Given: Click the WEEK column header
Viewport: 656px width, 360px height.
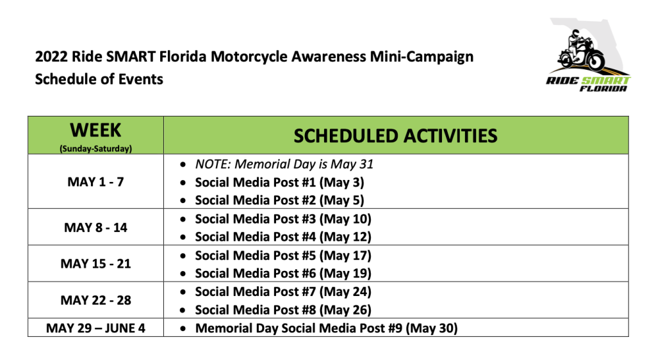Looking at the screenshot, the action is (95, 130).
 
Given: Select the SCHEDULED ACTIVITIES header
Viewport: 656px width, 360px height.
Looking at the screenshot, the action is (395, 136).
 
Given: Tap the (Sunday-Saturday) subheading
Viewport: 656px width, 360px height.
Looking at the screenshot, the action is (95, 149).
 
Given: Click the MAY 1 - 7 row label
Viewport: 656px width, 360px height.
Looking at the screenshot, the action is (95, 182).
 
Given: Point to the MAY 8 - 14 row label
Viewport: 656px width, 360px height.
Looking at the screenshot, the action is (95, 227).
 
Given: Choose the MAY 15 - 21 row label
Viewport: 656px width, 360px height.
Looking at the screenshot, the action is (95, 264).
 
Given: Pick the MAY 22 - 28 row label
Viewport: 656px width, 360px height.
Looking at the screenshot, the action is (95, 300).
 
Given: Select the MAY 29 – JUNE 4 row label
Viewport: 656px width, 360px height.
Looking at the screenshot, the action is (95, 328).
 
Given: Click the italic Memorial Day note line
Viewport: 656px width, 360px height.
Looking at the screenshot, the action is (284, 165).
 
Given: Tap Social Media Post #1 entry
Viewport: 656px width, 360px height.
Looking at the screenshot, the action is (279, 183).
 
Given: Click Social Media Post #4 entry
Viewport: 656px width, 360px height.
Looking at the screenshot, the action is (283, 237).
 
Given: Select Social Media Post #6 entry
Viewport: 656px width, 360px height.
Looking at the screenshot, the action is (283, 274).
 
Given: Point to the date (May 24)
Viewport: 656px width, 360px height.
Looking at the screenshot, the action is (345, 292).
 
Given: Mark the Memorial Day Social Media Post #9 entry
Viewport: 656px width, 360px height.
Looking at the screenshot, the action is (326, 328).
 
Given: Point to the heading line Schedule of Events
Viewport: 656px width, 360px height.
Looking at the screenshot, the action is (99, 79).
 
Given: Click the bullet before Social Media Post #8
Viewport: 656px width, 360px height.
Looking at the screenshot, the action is (183, 311).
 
